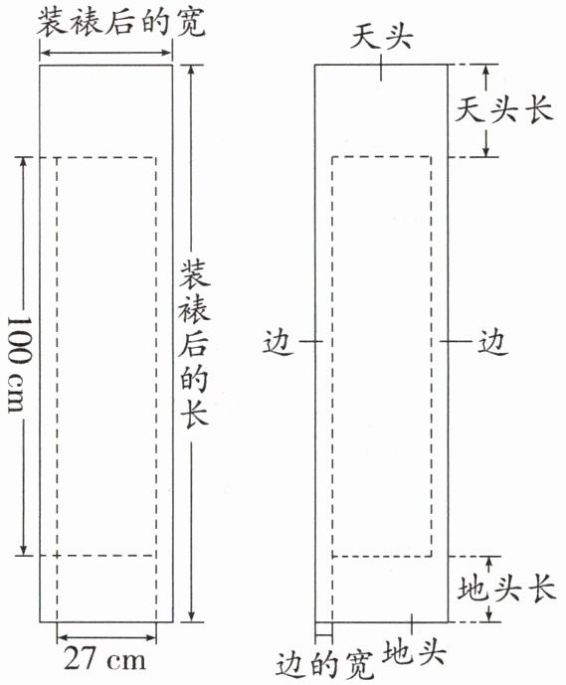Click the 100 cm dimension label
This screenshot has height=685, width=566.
[20, 364]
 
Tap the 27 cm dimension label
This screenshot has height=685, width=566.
[104, 658]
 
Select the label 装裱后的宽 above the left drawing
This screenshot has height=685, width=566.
[121, 23]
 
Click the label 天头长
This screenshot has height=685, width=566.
[504, 109]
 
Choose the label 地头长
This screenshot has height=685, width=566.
[506, 589]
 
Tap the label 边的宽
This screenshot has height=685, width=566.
[325, 666]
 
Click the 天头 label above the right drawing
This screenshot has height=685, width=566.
[381, 36]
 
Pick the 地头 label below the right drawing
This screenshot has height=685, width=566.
[414, 651]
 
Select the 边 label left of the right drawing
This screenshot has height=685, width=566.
[278, 341]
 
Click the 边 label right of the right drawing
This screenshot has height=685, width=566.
[492, 341]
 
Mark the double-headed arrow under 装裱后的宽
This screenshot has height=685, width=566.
[105, 53]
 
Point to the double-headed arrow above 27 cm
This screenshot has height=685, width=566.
[106, 637]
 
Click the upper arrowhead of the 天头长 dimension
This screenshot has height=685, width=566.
[486, 69]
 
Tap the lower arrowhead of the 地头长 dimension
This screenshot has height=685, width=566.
[489, 616]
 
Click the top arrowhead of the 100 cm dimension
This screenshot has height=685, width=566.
[24, 161]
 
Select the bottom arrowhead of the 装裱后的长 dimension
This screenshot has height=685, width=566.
[191, 616]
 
